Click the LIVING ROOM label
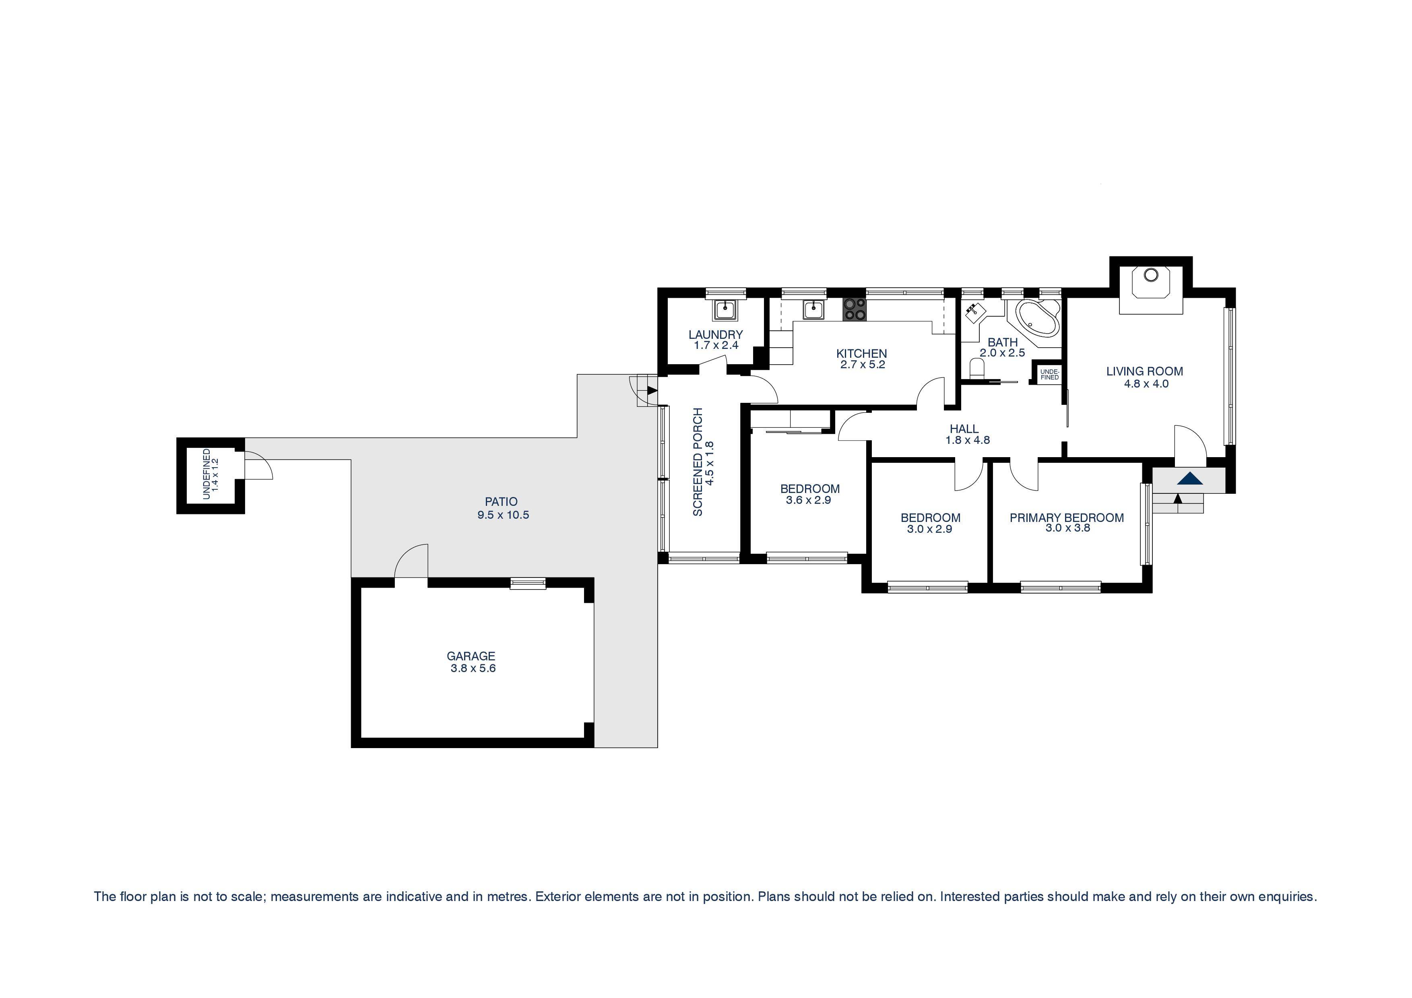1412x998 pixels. pos(1144,371)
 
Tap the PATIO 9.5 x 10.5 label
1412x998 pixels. pos(502,508)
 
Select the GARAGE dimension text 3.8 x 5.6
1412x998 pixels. pos(473,668)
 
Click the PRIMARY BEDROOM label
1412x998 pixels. pos(1066,518)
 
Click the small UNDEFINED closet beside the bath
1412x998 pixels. pos(1049,374)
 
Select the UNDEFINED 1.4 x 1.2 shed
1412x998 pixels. pos(211,475)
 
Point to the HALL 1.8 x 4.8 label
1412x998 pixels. pos(967,434)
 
